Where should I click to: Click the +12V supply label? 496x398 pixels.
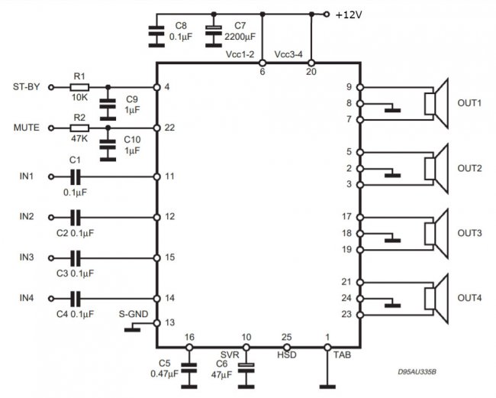[349, 15]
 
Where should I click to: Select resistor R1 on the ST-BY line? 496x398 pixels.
[79, 87]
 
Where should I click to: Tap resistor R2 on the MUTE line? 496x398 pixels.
[79, 128]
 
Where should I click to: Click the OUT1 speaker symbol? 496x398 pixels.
[436, 104]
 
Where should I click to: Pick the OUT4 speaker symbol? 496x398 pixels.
[436, 299]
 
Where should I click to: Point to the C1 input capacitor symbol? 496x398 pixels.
[76, 176]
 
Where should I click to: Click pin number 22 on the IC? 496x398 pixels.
[169, 128]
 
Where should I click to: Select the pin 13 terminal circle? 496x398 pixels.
[156, 323]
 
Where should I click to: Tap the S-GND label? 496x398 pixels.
[134, 314]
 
